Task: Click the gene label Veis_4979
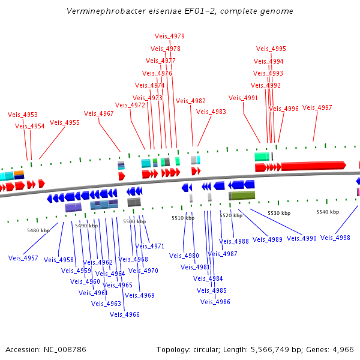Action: pos(169,37)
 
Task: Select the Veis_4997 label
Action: pos(317,107)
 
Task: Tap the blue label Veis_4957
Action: pos(23,258)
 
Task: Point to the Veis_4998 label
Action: pos(335,238)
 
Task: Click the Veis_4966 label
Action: pos(124,314)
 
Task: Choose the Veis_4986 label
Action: pos(215,302)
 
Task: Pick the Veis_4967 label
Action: pos(98,113)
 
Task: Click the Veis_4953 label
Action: pos(23,115)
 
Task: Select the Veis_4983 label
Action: pos(211,112)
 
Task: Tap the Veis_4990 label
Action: pos(301,238)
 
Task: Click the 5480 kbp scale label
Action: pos(38,230)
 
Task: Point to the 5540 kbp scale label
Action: pos(328,212)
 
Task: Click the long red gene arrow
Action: pos(312,165)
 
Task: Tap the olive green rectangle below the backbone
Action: pos(242,196)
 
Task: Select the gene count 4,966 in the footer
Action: pos(341,349)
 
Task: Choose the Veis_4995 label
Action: pos(271,49)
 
